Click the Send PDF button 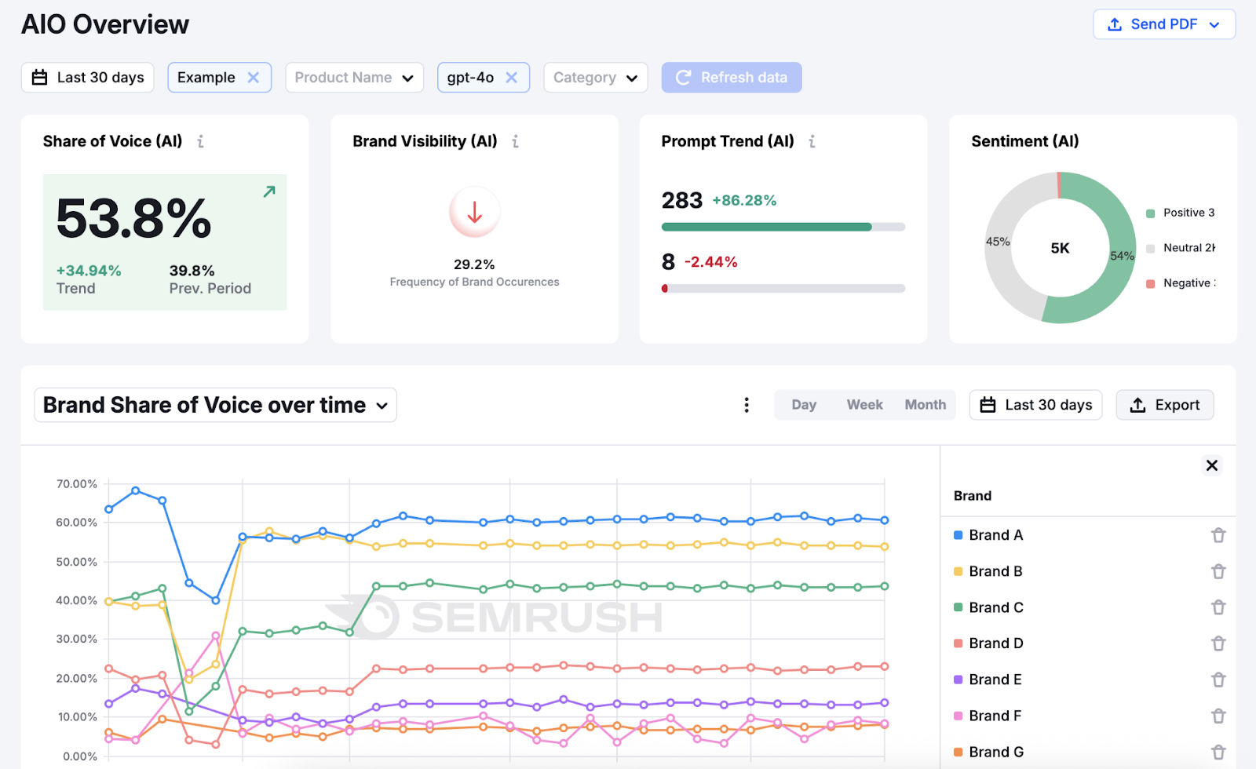click(1163, 24)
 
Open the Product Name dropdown click(354, 78)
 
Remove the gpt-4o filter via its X click(512, 78)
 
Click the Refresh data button click(732, 78)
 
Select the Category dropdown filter click(595, 78)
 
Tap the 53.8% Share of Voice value click(133, 218)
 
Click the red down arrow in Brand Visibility click(474, 212)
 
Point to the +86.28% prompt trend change click(744, 200)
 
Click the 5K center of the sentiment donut click(1060, 248)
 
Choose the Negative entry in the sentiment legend click(1181, 283)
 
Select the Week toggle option click(864, 405)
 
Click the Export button click(1164, 405)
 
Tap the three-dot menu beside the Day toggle click(747, 405)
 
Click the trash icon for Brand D click(1218, 643)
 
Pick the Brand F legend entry click(994, 716)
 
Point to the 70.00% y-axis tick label click(76, 484)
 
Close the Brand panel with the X click(1212, 465)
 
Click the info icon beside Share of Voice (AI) click(201, 141)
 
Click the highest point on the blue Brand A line click(136, 490)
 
